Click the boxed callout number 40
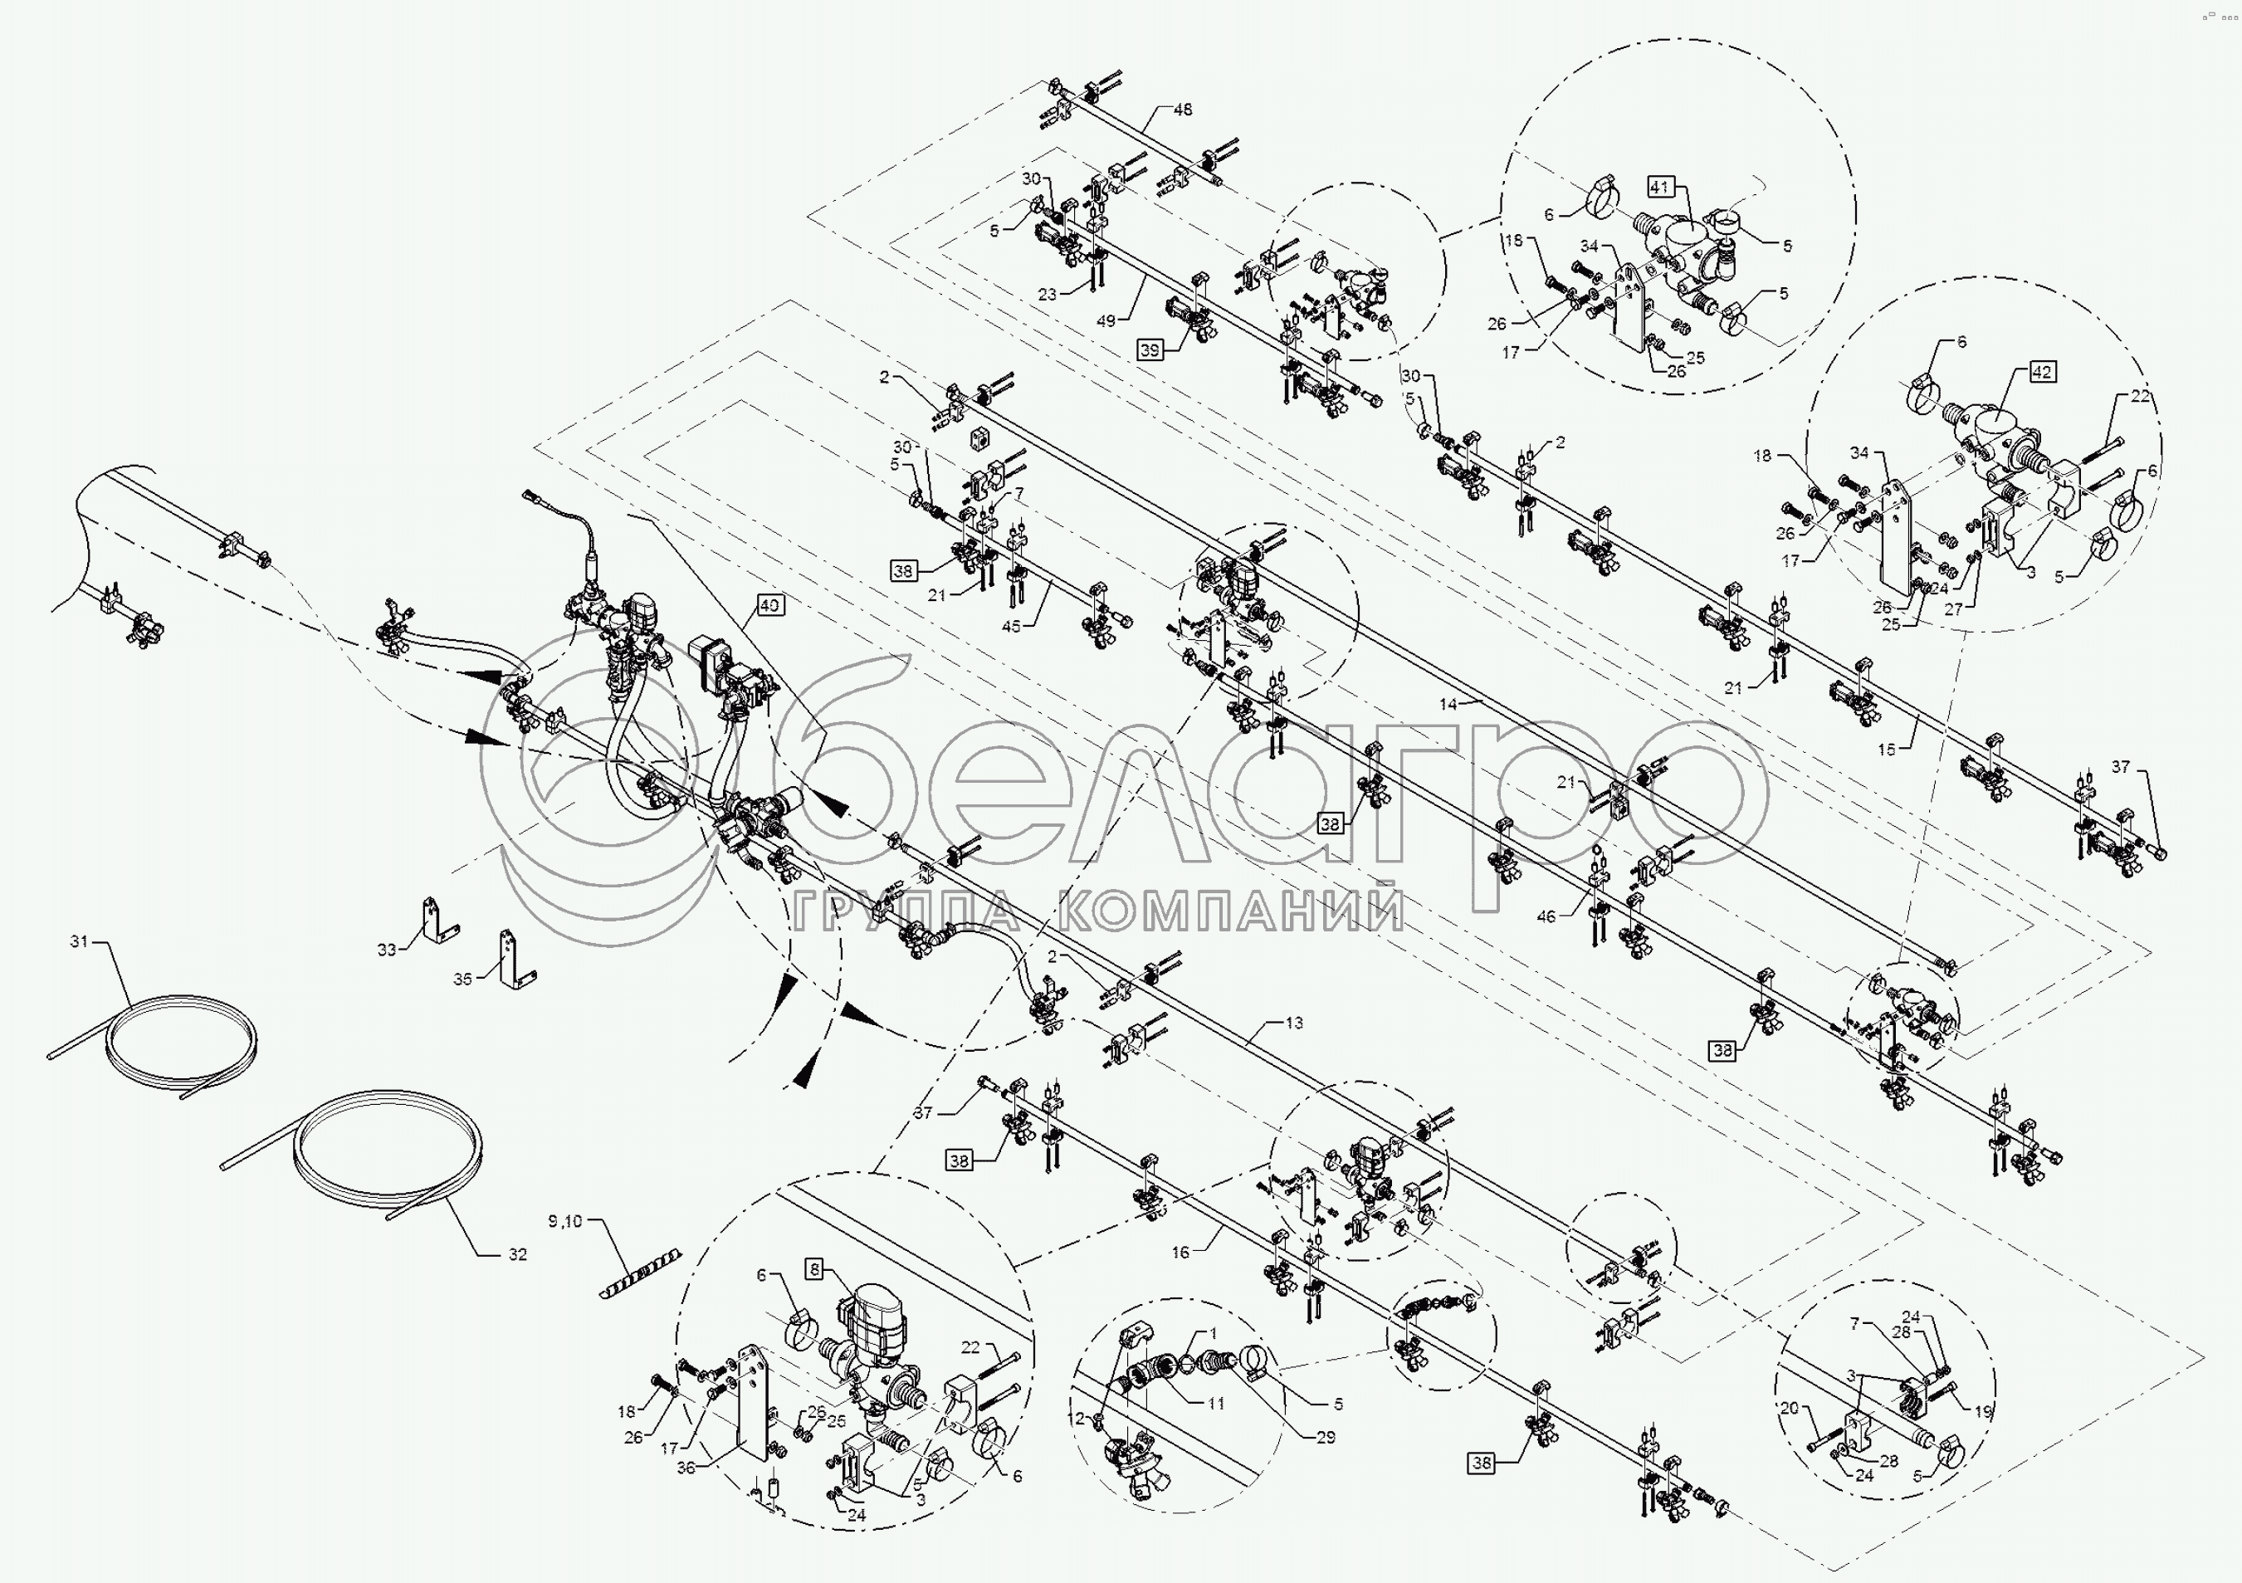[x=769, y=605]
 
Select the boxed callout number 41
[x=1661, y=186]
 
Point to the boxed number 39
[x=1150, y=349]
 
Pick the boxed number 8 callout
[x=814, y=1269]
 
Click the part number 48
[x=1183, y=110]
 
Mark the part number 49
[x=1106, y=320]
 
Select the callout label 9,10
[x=564, y=1221]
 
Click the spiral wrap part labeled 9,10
[x=640, y=1273]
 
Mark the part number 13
[x=1294, y=1023]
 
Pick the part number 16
[x=1180, y=1252]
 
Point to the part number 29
[x=1325, y=1438]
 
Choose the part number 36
[x=686, y=1467]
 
